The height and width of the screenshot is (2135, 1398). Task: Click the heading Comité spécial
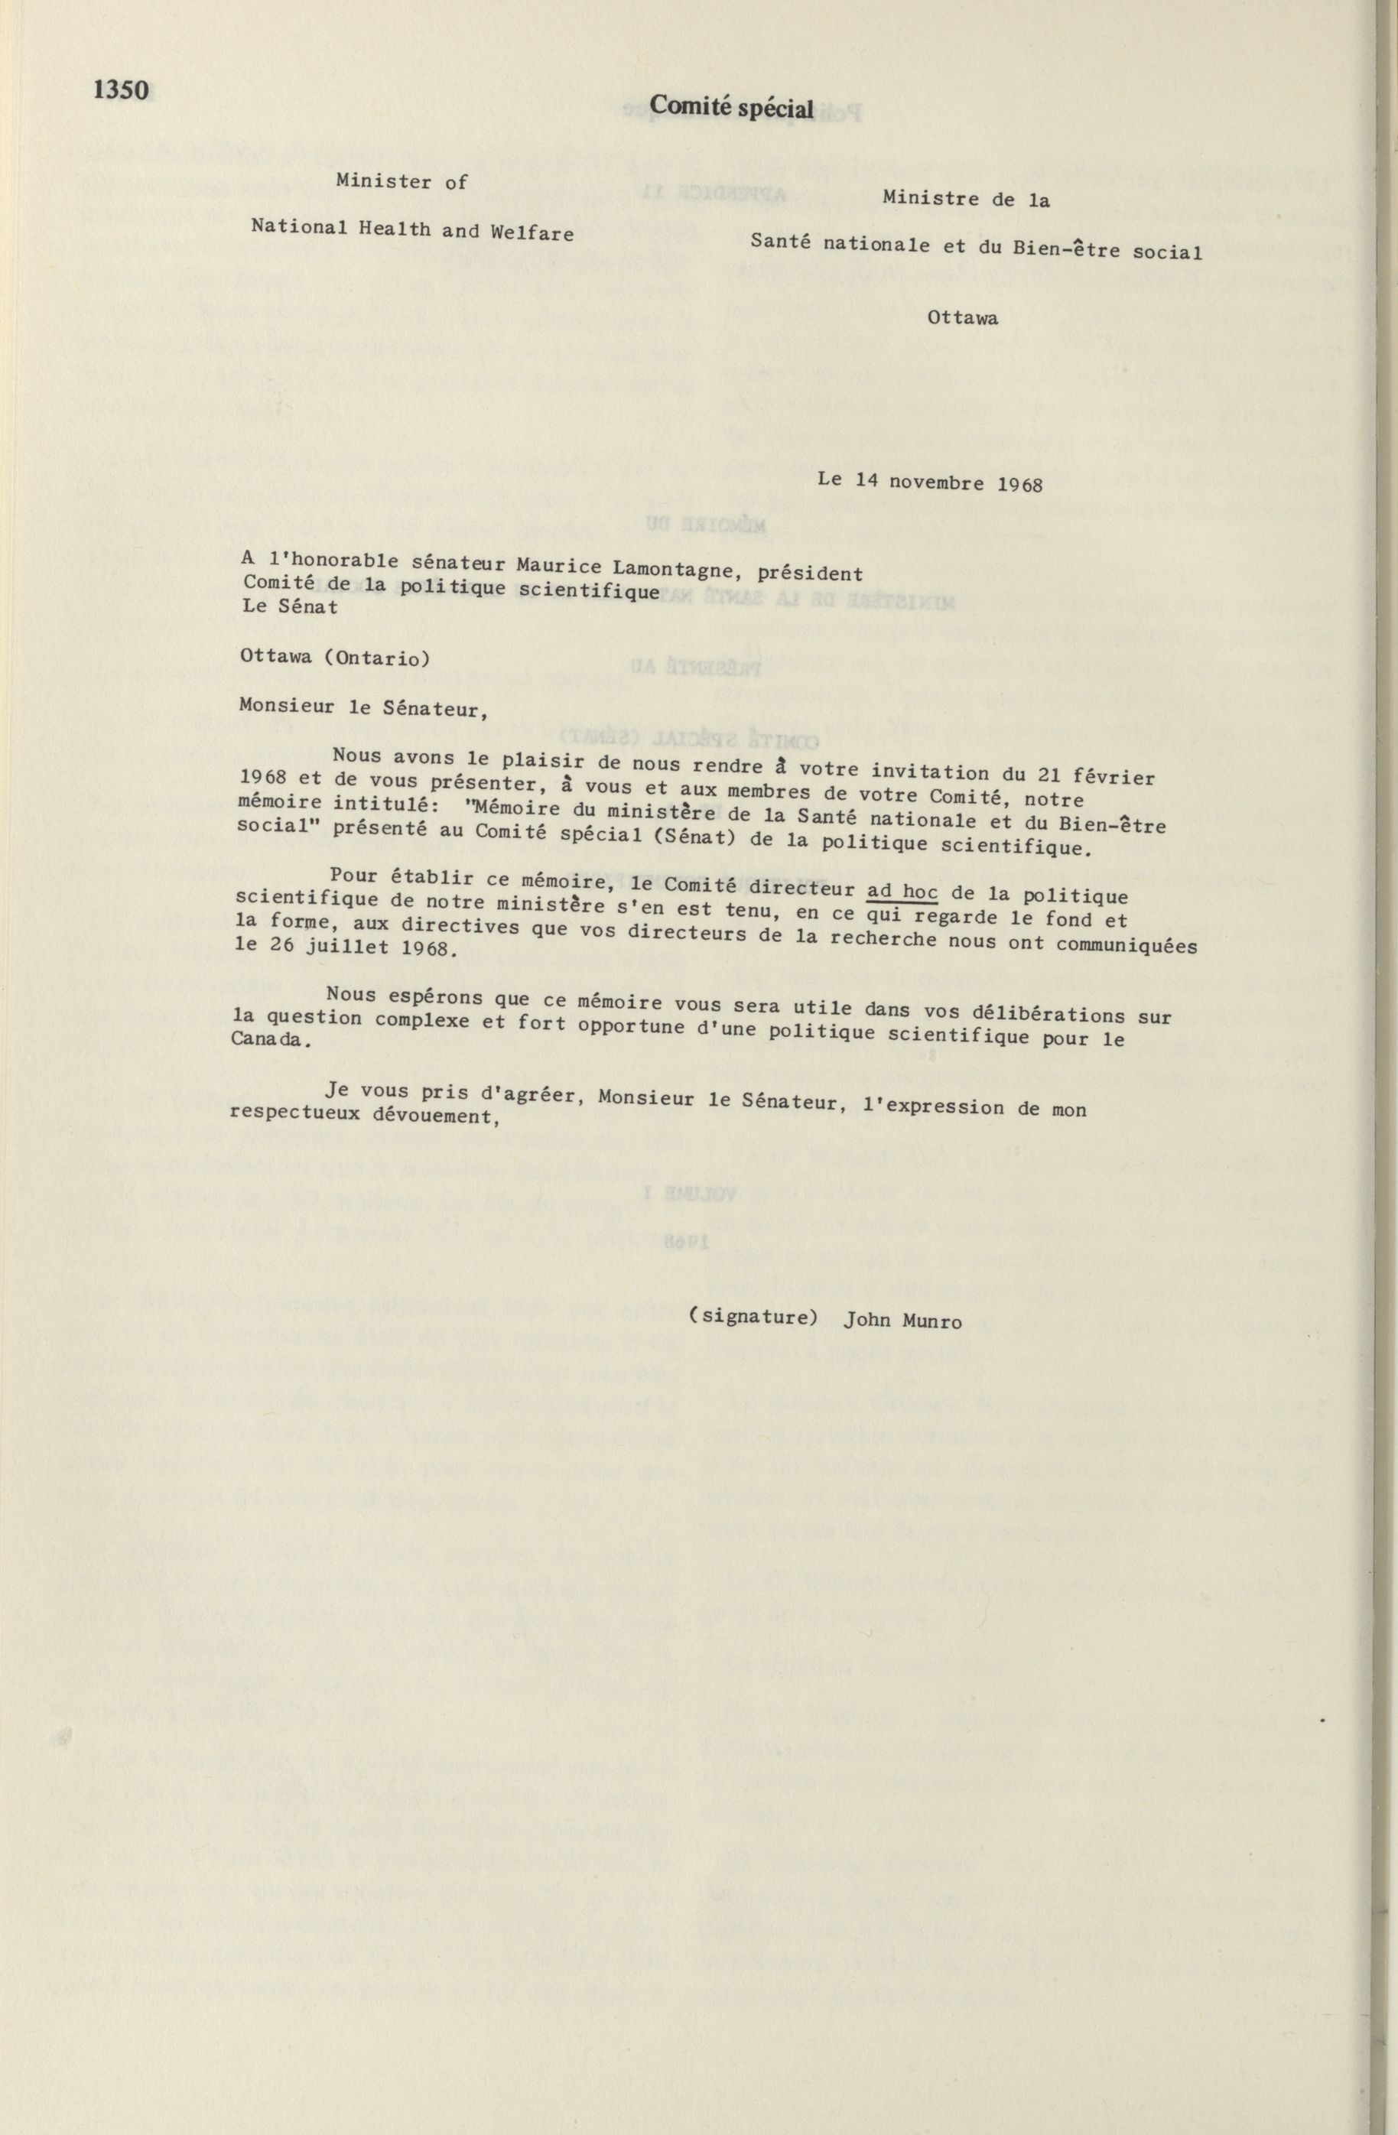tap(731, 107)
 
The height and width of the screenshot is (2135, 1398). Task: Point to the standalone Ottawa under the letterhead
tap(963, 317)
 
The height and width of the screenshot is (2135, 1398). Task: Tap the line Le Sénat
tap(290, 606)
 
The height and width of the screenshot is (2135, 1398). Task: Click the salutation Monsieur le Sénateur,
tap(364, 708)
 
